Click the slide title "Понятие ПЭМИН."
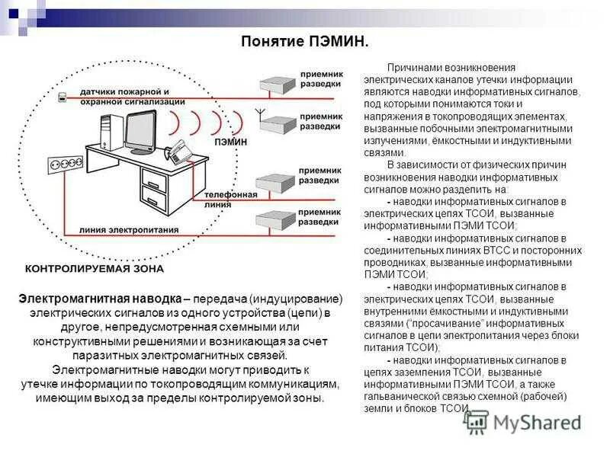[304, 40]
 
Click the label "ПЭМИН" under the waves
[230, 142]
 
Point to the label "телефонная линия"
[230, 199]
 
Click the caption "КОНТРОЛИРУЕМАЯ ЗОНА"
[95, 269]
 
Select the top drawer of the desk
[153, 181]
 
